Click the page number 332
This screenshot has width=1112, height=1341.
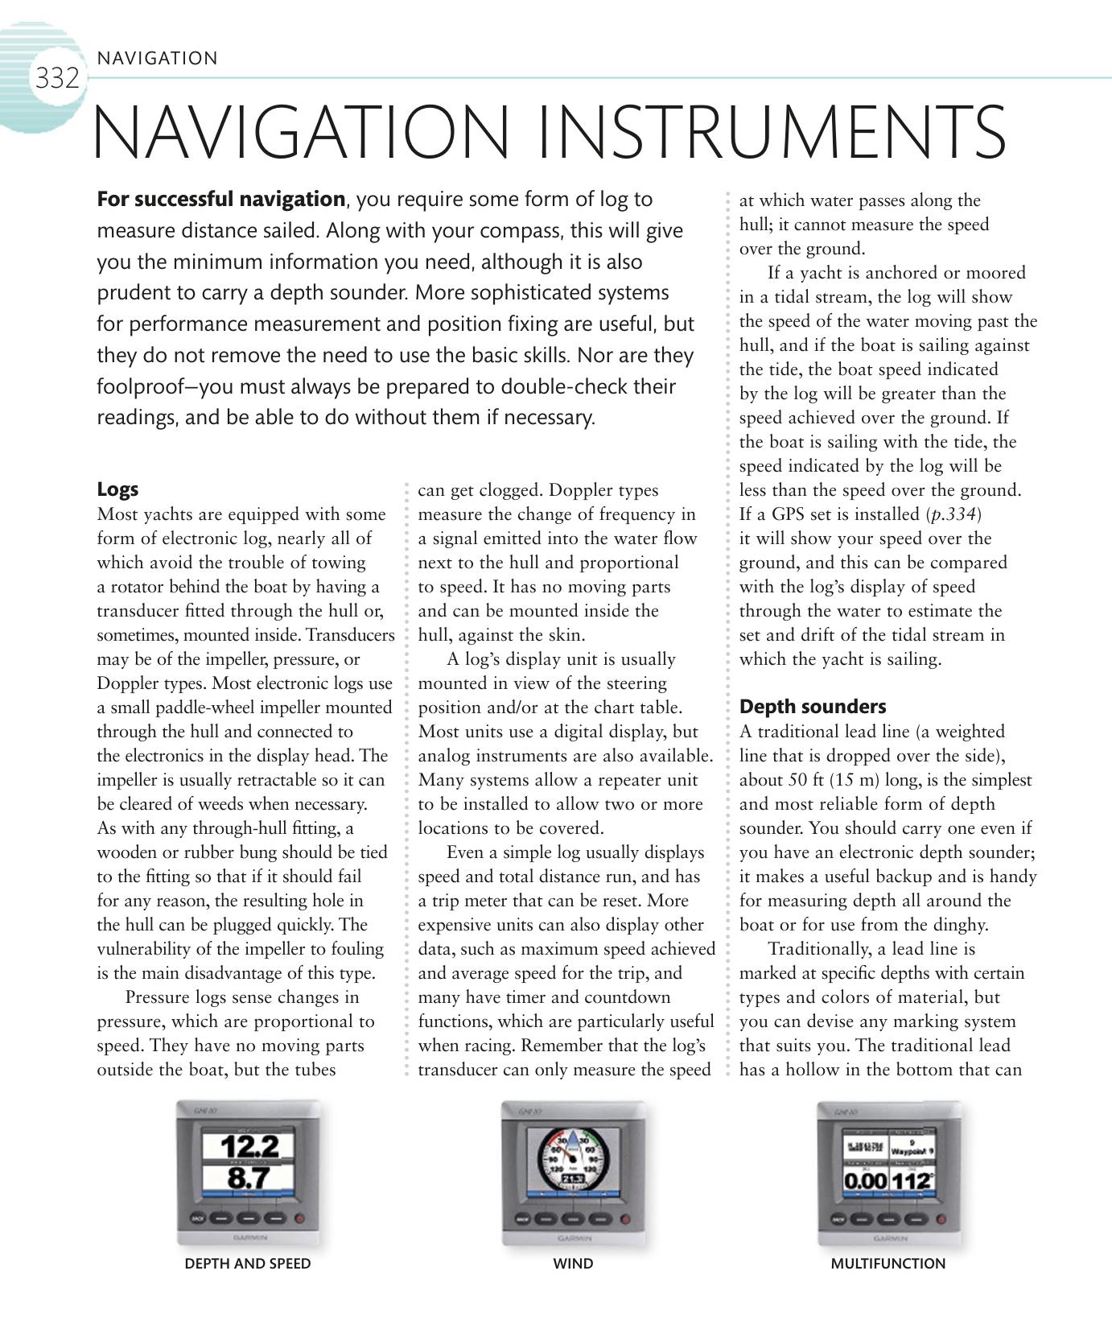[56, 79]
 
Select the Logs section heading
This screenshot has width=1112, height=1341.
[117, 489]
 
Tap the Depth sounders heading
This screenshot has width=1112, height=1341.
[812, 707]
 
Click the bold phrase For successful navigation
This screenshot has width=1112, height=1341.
[220, 199]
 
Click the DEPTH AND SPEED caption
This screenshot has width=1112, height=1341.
[247, 1264]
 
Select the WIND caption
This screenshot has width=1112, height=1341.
[573, 1264]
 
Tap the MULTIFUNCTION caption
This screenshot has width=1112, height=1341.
[888, 1264]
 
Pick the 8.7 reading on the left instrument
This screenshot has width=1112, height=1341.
[249, 1178]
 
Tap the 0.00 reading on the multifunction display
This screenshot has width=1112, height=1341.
[865, 1182]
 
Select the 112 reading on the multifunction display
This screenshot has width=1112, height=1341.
[912, 1182]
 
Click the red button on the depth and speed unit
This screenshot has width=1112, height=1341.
[300, 1218]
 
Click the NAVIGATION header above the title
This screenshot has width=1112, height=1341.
[157, 59]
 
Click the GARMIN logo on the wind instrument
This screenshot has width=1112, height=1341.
[572, 1238]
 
